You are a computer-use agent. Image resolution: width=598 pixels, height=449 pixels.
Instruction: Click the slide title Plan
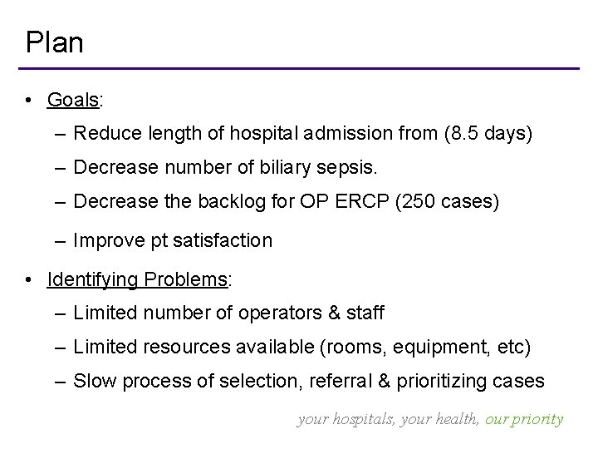(x=54, y=42)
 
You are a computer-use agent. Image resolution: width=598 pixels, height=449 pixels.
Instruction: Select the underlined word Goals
(x=73, y=101)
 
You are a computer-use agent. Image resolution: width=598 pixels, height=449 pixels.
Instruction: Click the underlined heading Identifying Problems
(x=138, y=279)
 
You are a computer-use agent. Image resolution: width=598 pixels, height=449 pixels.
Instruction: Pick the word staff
(x=366, y=313)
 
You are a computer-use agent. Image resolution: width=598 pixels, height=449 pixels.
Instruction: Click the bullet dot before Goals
(x=29, y=101)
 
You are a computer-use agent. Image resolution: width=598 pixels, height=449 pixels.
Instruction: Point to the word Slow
(x=92, y=382)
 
